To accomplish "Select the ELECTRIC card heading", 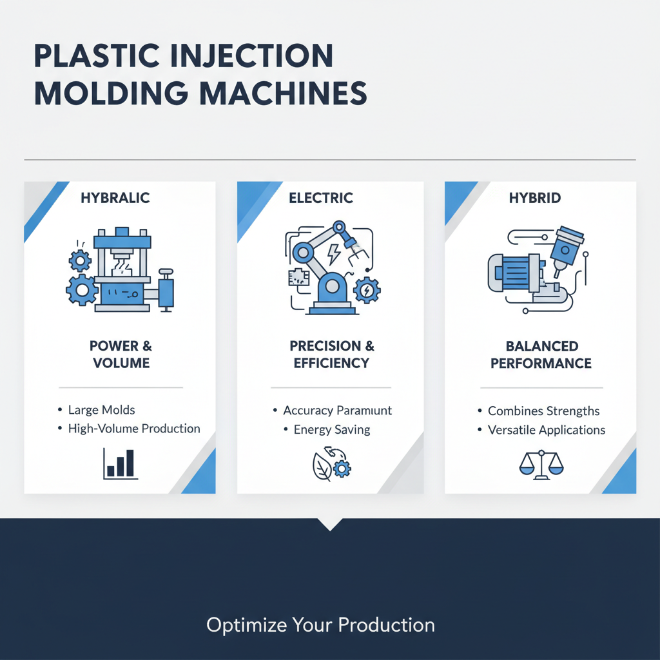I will (x=321, y=198).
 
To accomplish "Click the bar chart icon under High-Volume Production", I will (x=121, y=463).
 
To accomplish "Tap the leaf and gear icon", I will (x=331, y=465).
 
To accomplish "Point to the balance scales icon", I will (x=540, y=463).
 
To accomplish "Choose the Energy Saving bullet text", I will (x=331, y=429).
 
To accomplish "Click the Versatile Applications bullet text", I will (x=547, y=430).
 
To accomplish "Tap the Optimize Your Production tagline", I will (x=320, y=625).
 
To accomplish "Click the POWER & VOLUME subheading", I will (x=121, y=354).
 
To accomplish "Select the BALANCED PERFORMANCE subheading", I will (x=541, y=354).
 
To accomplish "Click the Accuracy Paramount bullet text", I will (x=337, y=411).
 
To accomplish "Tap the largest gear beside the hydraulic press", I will (x=82, y=290).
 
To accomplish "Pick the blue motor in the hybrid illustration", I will (x=516, y=272).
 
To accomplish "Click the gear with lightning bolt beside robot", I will (x=367, y=290).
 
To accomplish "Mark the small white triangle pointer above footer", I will (x=330, y=524).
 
